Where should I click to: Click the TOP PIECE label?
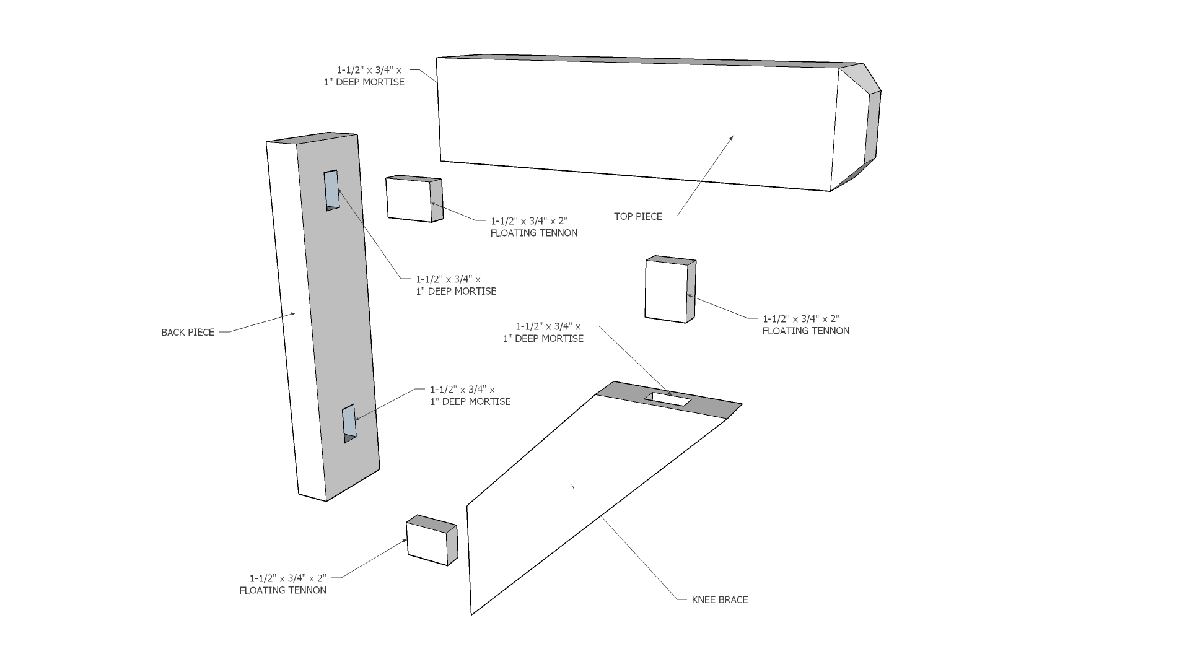pyautogui.click(x=638, y=216)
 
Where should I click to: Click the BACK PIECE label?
pyautogui.click(x=188, y=333)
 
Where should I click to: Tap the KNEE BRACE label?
pyautogui.click(x=719, y=599)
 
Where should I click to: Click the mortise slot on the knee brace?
pyautogui.click(x=668, y=399)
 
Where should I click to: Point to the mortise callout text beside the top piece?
pyautogui.click(x=369, y=76)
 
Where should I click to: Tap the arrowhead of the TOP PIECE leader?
pyautogui.click(x=732, y=137)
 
